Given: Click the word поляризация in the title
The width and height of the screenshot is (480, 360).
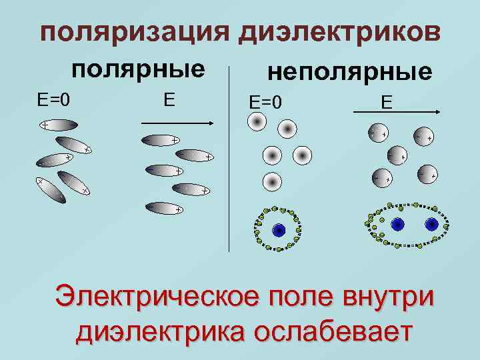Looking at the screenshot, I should point(134,31).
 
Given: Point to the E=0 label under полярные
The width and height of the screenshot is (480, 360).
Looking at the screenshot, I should point(53,100).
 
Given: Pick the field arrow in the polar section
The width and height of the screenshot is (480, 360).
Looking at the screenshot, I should point(176,122).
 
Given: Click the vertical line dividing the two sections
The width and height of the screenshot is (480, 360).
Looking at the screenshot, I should point(229,167).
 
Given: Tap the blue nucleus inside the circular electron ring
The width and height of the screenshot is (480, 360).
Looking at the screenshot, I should point(279,229).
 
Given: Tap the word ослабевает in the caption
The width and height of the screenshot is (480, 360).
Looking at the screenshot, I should point(337,331).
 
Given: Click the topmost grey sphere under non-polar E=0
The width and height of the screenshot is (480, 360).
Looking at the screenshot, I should point(257,121).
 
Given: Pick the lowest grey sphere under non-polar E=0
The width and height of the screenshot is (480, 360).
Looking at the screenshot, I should point(271,180).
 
